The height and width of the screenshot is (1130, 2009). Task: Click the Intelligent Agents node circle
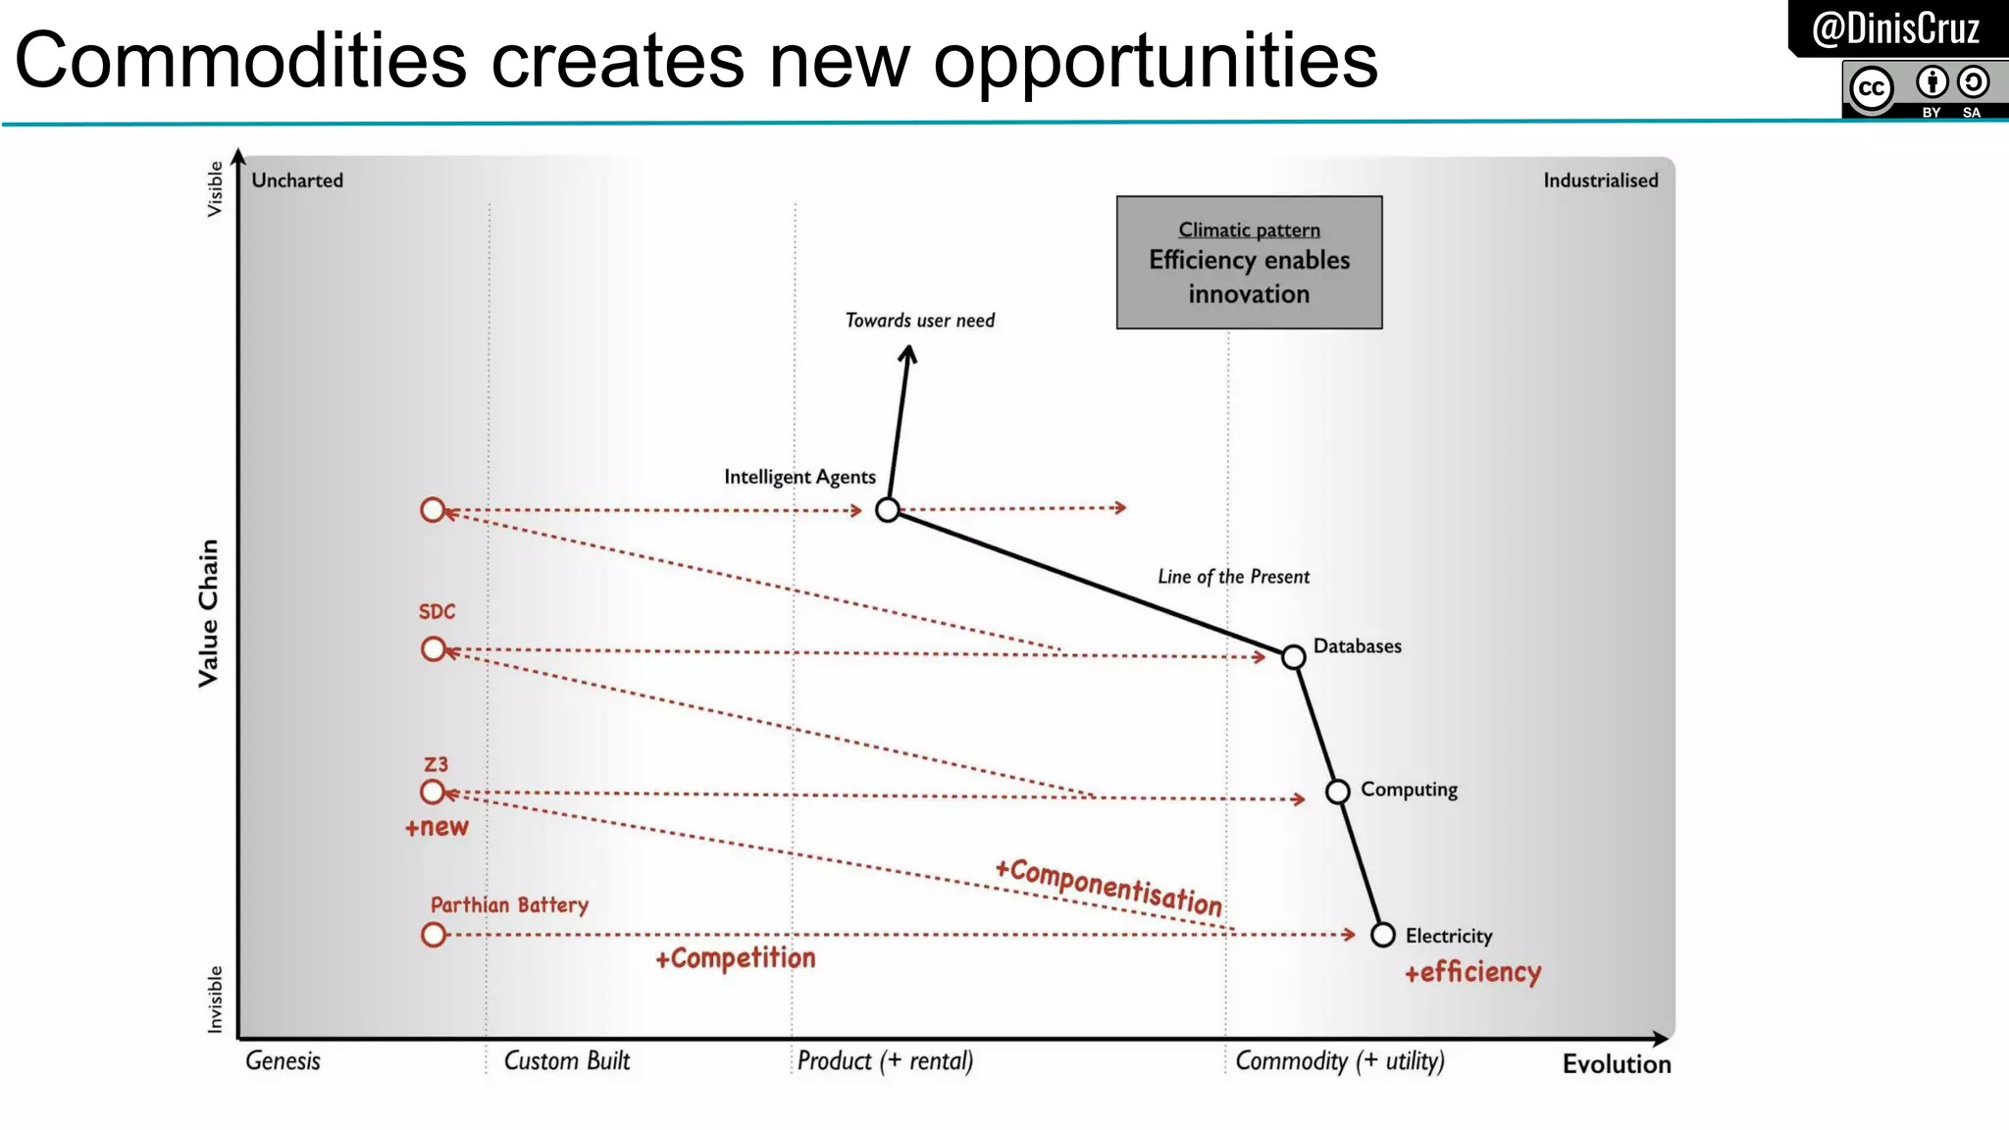[x=887, y=510]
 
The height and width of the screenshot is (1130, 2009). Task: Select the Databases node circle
[x=1294, y=656]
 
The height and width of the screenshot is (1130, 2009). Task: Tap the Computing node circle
[x=1338, y=792]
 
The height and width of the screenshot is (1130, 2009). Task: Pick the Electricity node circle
[x=1383, y=935]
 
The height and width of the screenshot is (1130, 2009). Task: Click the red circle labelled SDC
[x=433, y=649]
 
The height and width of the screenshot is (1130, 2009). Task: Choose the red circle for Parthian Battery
[x=433, y=935]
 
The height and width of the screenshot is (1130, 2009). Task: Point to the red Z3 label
[x=436, y=764]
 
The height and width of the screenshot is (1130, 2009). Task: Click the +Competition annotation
[x=735, y=958]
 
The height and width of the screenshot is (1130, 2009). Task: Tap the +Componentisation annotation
[x=1108, y=886]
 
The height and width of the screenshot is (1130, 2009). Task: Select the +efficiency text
[x=1472, y=972]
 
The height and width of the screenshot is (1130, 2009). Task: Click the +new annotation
[x=437, y=827]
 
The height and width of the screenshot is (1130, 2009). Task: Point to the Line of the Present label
[x=1233, y=577]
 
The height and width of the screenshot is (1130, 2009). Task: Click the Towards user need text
[x=919, y=321]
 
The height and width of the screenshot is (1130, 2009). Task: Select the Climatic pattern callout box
[x=1249, y=263]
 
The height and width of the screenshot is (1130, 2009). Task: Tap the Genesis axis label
[x=283, y=1061]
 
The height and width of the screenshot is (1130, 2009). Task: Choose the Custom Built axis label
[x=567, y=1061]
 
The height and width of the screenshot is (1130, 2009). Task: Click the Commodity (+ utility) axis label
[x=1339, y=1061]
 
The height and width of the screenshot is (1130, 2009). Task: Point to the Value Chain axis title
[x=208, y=613]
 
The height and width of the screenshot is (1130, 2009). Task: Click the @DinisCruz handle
[x=1895, y=28]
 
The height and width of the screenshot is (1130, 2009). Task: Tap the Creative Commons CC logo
[x=1872, y=89]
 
